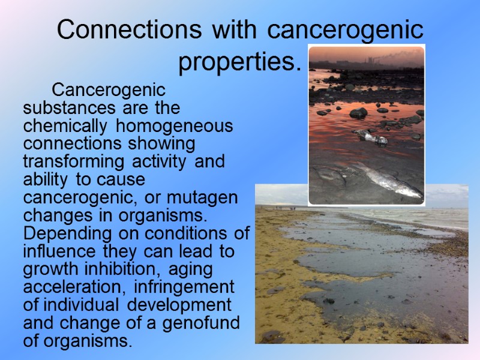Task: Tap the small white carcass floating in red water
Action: click(371, 136)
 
